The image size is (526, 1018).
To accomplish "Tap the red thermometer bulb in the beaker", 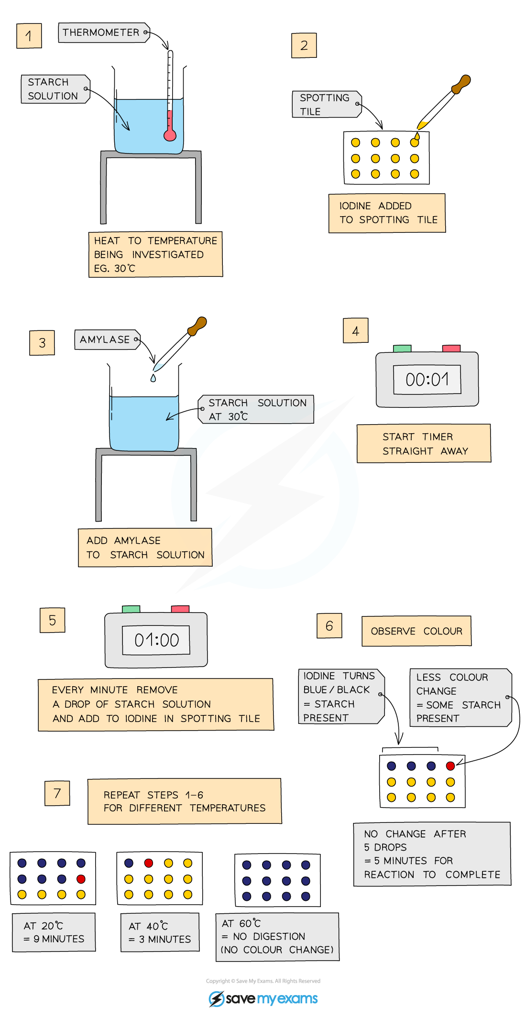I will tap(170, 135).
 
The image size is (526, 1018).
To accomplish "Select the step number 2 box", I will tap(304, 45).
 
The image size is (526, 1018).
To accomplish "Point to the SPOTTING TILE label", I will tap(326, 104).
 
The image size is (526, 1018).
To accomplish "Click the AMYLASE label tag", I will tap(107, 339).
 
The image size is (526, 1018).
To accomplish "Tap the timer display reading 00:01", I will tap(427, 380).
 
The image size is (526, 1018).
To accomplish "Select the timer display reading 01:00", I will tap(156, 640).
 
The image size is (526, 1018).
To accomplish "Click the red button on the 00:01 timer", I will tap(451, 349).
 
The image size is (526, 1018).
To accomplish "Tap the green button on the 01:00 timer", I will tap(131, 609).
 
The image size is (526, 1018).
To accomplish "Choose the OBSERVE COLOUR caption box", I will tap(416, 631).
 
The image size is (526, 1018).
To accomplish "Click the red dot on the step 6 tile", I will tap(450, 766).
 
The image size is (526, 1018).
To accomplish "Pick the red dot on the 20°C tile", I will tap(81, 879).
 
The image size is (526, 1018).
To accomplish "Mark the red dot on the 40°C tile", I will tap(149, 863).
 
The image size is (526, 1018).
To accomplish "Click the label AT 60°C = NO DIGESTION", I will tap(277, 936).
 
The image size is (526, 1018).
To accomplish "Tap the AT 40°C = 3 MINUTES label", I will tap(160, 932).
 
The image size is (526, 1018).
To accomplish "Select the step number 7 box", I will tap(57, 793).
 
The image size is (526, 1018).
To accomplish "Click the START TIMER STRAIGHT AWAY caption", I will tap(424, 443).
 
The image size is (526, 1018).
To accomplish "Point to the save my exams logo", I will tap(263, 998).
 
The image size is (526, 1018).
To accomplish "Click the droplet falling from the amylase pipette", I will tap(153, 378).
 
